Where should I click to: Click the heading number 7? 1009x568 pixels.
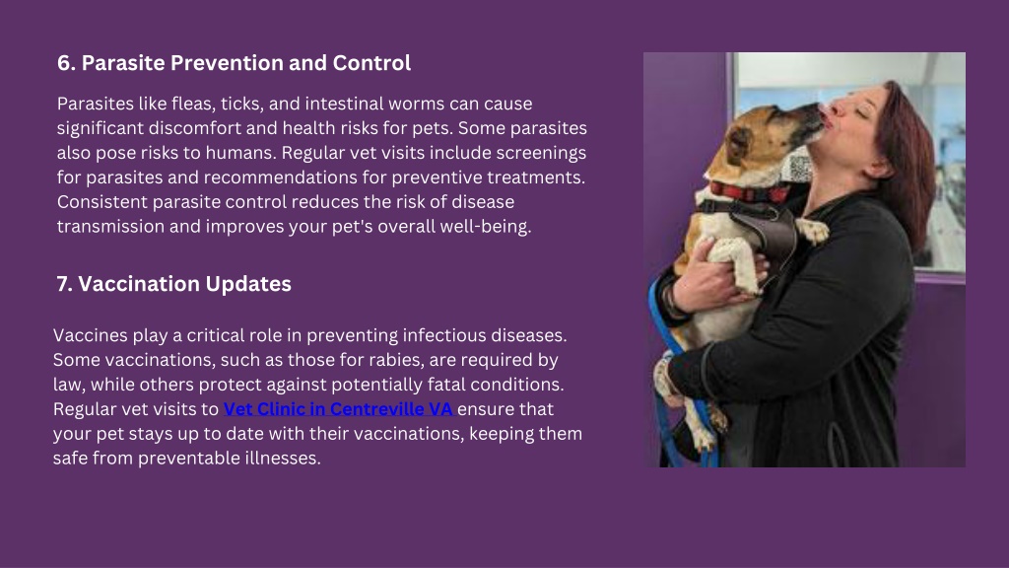pyautogui.click(x=64, y=284)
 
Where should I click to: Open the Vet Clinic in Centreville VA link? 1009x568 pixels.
pyautogui.click(x=339, y=409)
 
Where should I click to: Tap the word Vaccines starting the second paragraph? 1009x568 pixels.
pyautogui.click(x=90, y=335)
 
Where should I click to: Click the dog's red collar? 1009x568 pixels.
pyautogui.click(x=750, y=192)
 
